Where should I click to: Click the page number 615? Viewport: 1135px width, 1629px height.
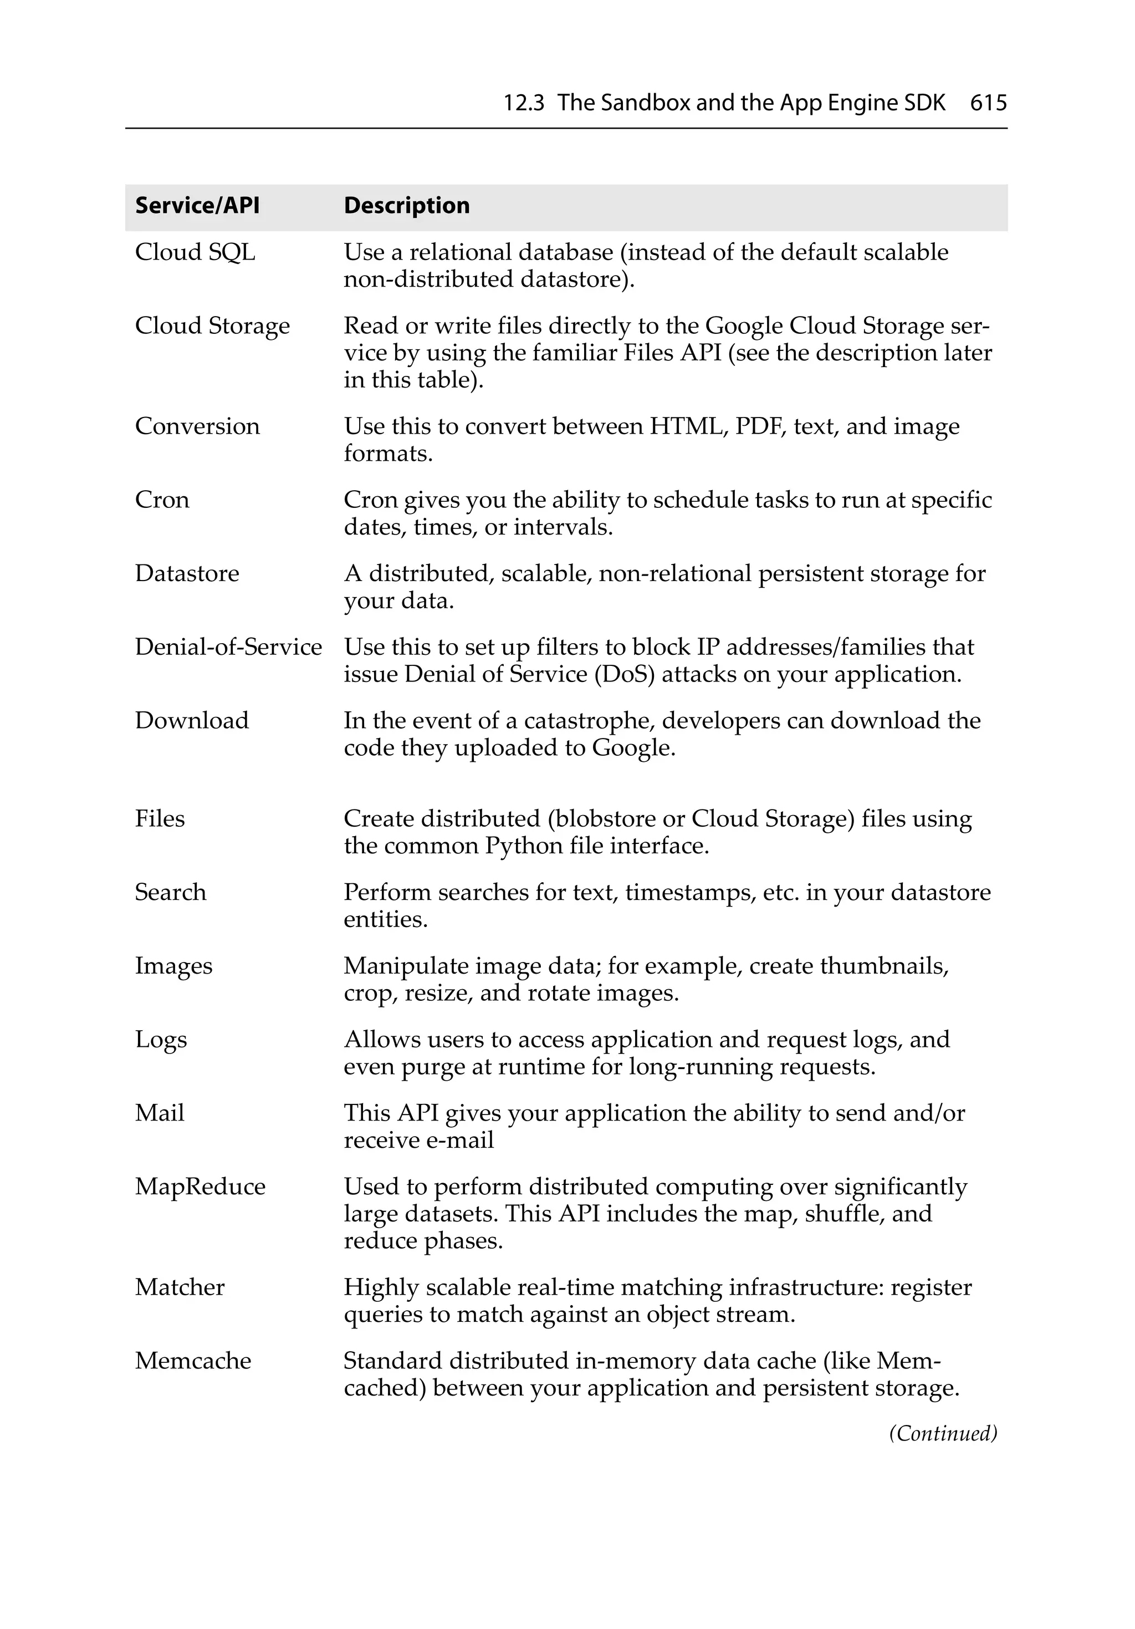coord(988,104)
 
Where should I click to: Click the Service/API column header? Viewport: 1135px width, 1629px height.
coord(197,206)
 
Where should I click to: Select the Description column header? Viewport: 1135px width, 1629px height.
coord(406,206)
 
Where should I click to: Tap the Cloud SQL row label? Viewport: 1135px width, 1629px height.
coord(195,253)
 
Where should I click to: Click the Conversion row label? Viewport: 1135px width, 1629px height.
coord(197,426)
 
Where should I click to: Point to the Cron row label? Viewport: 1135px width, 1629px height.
coord(162,500)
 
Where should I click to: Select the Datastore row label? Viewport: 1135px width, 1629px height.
coord(187,573)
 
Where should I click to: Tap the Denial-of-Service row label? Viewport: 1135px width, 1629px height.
coord(228,647)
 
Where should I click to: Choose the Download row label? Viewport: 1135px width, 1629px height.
coord(192,721)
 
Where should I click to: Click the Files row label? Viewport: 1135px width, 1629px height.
coord(160,819)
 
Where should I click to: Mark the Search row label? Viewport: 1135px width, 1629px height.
coord(170,893)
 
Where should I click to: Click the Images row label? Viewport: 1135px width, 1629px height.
coord(174,966)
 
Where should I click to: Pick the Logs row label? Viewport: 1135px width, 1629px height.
coord(161,1040)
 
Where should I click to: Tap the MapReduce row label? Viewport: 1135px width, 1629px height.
coord(200,1187)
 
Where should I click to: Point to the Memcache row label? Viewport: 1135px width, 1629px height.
coord(193,1361)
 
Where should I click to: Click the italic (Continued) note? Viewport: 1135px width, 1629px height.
coord(943,1433)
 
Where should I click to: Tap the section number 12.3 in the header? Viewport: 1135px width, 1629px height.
coord(524,104)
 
